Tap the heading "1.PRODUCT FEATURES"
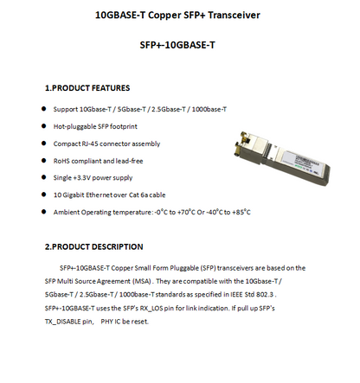coord(87,88)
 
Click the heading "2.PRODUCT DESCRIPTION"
coord(93,246)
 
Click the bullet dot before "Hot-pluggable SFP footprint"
coord(44,126)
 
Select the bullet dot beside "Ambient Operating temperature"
coord(44,212)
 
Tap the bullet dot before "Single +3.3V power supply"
coord(44,178)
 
